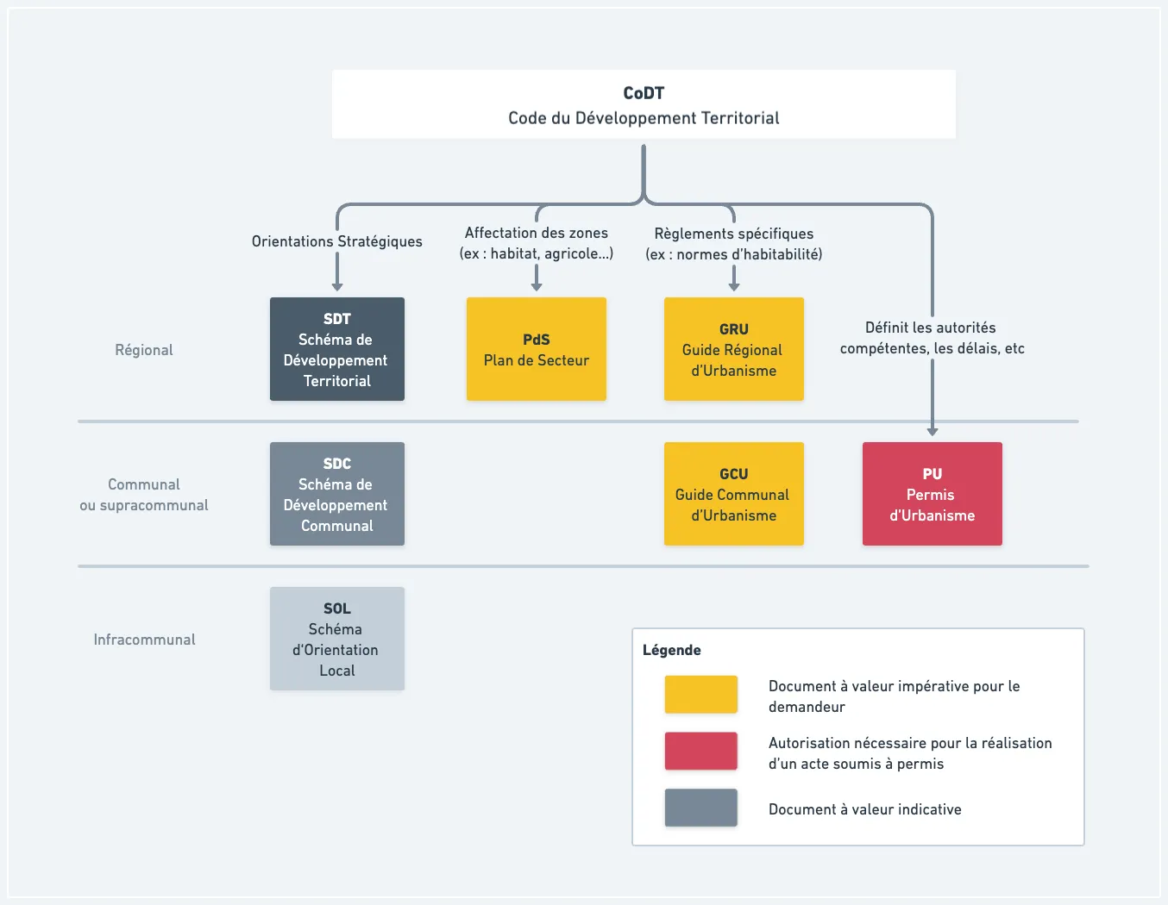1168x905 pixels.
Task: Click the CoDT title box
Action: pos(644,104)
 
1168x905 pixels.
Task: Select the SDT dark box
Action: pos(337,348)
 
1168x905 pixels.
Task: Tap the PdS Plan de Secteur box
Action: pos(536,348)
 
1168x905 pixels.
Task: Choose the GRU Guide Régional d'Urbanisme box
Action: pos(734,348)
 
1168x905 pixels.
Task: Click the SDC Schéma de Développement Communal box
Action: pos(337,494)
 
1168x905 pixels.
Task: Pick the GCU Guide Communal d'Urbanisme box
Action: pos(734,494)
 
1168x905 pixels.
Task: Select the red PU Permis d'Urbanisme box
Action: pos(932,494)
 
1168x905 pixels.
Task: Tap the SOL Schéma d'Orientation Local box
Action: pos(337,639)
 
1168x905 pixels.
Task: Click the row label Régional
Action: pos(144,350)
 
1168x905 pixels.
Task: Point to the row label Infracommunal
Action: pos(144,640)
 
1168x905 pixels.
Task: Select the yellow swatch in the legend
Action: pos(701,695)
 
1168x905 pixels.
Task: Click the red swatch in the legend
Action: pos(701,751)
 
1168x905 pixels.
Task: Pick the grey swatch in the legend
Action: pos(701,808)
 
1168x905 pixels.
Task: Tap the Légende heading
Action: pos(671,650)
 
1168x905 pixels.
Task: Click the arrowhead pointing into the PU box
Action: pos(932,431)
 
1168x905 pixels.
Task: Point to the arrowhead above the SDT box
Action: pos(337,287)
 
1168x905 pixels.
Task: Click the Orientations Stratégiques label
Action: pos(337,241)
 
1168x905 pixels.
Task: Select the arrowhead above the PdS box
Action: pos(536,287)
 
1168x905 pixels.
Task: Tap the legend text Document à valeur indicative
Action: pos(865,809)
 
